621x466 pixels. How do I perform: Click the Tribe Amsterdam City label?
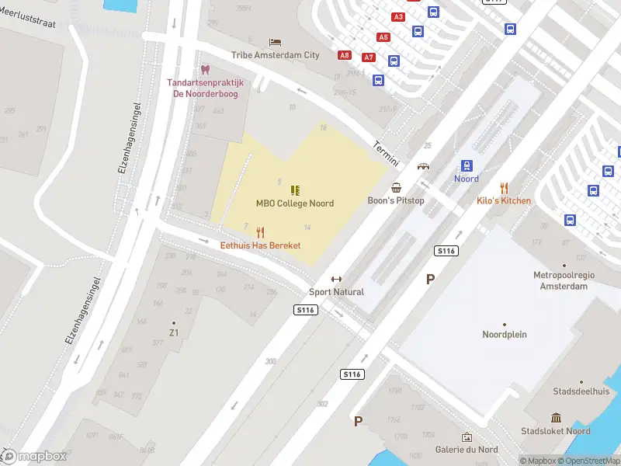(x=275, y=55)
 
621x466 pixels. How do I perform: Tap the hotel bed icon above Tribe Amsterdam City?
(x=275, y=42)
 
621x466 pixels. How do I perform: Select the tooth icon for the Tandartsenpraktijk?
(x=205, y=70)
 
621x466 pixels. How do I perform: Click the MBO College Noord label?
(x=295, y=203)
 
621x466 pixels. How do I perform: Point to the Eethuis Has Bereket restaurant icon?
(x=260, y=232)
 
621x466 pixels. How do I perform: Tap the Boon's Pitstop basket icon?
(x=397, y=187)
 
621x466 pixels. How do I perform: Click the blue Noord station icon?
(x=467, y=165)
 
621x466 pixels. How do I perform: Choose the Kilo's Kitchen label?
(x=504, y=201)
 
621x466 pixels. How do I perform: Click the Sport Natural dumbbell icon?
(x=336, y=280)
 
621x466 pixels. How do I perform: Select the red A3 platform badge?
(x=399, y=16)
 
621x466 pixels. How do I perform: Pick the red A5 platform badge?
(x=383, y=37)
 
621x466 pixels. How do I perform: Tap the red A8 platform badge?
(x=345, y=55)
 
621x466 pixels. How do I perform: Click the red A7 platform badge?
(x=369, y=57)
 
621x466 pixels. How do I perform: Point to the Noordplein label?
(x=505, y=335)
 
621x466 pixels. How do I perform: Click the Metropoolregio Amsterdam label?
(x=560, y=280)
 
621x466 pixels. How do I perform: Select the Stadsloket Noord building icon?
(x=556, y=418)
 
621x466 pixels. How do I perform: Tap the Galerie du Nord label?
(x=467, y=450)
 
